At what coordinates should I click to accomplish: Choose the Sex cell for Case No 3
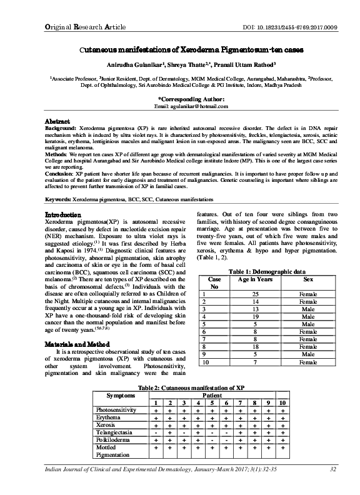308,309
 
